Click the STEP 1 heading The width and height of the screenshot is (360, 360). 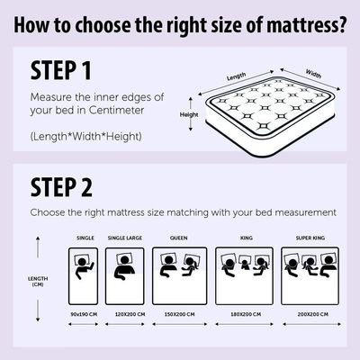tap(61, 70)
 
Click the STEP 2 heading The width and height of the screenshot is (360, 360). tap(61, 187)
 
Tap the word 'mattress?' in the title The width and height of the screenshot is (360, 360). tap(306, 25)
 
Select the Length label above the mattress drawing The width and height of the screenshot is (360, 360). tap(237, 76)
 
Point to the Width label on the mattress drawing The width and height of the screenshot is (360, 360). tap(313, 74)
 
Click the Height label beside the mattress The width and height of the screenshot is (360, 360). tap(189, 114)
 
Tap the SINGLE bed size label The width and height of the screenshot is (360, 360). tap(85, 238)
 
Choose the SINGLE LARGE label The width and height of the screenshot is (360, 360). tap(125, 238)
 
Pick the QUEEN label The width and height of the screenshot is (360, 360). tap(179, 238)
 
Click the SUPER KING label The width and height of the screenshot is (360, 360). tap(310, 238)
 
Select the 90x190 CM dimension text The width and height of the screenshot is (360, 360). tap(84, 314)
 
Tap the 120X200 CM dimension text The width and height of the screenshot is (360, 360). tap(130, 314)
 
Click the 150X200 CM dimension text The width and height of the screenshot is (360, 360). tap(179, 314)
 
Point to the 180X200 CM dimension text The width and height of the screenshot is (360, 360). tap(246, 314)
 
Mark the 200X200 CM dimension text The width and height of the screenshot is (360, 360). tap(313, 314)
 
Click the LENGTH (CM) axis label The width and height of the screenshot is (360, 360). tap(38, 282)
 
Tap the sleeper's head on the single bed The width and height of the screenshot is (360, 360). tap(82, 262)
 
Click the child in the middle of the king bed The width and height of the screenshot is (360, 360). tap(245, 264)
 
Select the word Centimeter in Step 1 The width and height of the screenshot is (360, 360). tap(117, 110)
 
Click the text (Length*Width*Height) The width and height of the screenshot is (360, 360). tap(85, 137)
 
